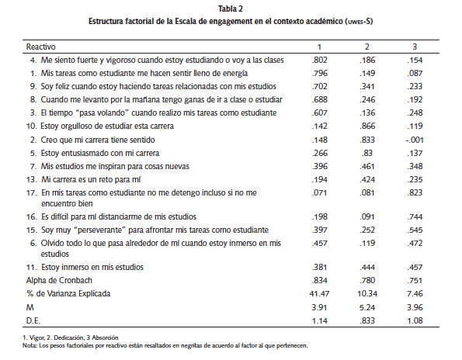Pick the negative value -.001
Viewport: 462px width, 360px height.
[x=419, y=140]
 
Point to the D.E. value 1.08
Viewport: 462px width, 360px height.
[x=419, y=320]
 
